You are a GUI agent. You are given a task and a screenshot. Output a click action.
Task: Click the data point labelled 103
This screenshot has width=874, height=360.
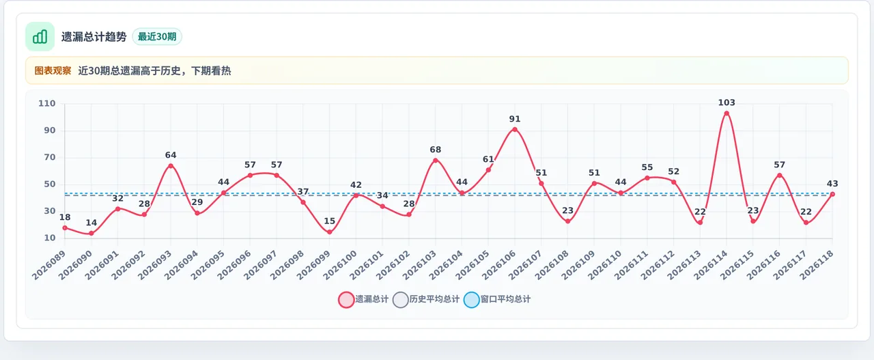pos(727,113)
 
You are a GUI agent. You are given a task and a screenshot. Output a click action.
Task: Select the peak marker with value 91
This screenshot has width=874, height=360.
pos(515,130)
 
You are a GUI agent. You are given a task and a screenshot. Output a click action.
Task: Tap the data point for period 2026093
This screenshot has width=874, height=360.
pos(171,166)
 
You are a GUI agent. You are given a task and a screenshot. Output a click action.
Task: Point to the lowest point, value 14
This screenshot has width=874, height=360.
pos(91,234)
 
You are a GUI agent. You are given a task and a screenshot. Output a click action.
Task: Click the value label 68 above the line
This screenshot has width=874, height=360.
pos(436,150)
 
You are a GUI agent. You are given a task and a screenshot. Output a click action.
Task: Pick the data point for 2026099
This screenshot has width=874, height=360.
pos(329,232)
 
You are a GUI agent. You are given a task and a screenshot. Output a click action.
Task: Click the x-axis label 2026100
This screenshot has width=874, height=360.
pos(340,265)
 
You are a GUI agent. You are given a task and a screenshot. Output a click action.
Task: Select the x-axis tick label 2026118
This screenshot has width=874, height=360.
pos(817,265)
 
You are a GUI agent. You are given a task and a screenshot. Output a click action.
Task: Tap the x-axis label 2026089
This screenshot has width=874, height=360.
pos(48,265)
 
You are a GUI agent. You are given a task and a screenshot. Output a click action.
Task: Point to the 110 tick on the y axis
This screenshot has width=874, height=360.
pos(47,103)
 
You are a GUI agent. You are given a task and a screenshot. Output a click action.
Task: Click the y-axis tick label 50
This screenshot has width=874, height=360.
pos(50,184)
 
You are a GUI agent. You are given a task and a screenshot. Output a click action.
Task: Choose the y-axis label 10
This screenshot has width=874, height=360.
pos(50,238)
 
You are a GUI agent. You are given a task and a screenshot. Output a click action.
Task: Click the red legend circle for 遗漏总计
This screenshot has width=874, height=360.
pos(346,300)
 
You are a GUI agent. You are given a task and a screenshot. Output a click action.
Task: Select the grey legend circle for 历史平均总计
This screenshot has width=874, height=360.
pos(401,300)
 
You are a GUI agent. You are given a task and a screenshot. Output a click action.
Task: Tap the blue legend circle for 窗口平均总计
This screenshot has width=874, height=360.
pos(471,300)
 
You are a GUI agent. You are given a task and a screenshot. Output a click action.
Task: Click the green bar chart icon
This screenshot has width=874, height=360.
pos(40,36)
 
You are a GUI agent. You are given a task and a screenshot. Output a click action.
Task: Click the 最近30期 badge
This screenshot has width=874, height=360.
pos(157,37)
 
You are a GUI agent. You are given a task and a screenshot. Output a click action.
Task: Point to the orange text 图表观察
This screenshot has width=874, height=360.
pos(53,70)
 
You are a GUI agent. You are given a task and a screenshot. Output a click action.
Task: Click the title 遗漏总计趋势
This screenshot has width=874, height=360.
pos(94,37)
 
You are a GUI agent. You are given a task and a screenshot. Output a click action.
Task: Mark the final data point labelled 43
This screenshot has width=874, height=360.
pos(832,194)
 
